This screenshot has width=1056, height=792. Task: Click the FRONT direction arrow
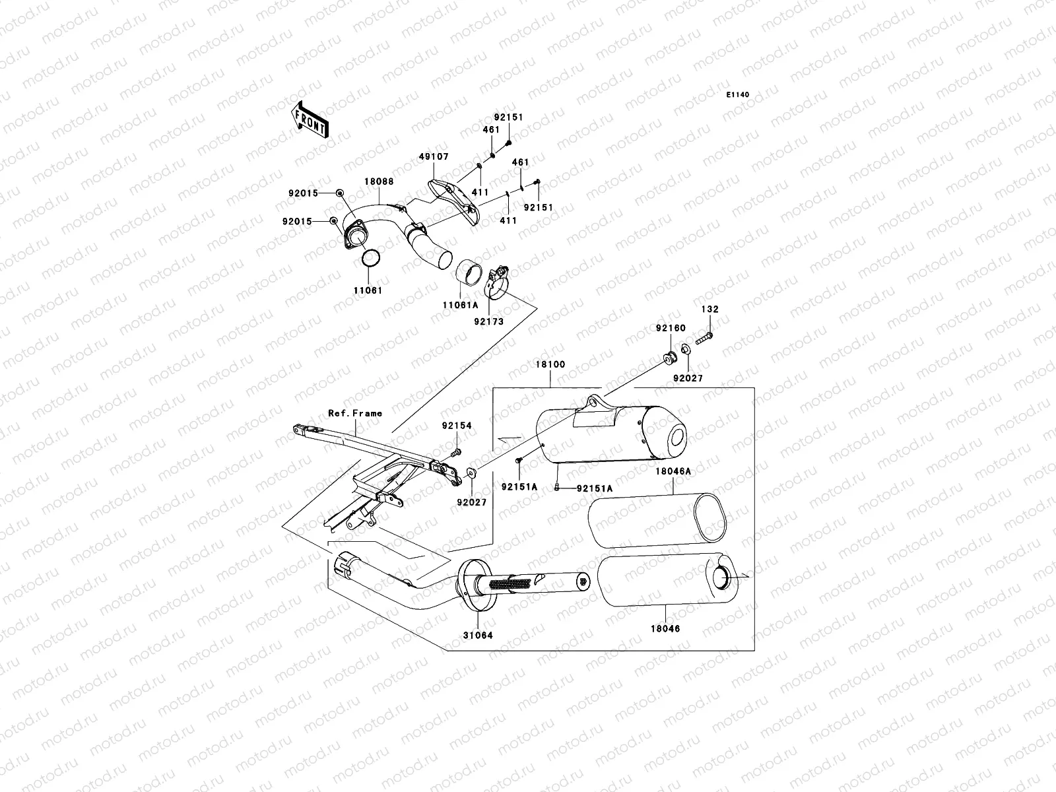click(310, 119)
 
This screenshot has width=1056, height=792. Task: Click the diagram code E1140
click(738, 95)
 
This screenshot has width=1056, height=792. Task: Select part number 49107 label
click(432, 158)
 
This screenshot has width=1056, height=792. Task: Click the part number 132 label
click(710, 309)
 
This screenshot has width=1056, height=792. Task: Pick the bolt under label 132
click(705, 338)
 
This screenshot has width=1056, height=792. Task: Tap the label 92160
click(671, 328)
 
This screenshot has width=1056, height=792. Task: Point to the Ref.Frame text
click(355, 413)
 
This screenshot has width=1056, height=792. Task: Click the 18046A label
click(673, 472)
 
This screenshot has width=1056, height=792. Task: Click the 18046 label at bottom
click(666, 628)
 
